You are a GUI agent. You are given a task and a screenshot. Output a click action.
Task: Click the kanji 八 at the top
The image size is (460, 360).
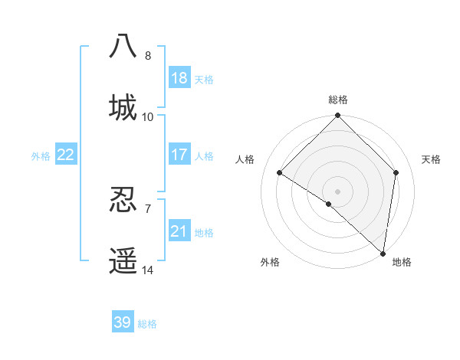(123, 45)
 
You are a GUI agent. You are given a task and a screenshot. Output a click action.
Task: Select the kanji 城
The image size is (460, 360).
(123, 106)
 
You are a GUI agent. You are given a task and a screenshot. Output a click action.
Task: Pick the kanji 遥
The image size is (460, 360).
(123, 260)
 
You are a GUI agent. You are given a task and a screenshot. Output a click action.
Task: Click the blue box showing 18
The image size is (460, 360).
(179, 78)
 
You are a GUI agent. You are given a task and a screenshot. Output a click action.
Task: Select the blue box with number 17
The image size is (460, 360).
(179, 155)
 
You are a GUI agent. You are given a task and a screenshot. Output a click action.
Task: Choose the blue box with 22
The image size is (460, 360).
(66, 155)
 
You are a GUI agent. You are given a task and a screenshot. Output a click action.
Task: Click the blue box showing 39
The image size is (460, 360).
(123, 322)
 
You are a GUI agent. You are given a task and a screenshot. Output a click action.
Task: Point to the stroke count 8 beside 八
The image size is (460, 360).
(148, 56)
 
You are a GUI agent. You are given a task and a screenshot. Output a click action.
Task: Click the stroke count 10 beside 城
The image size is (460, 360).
(148, 117)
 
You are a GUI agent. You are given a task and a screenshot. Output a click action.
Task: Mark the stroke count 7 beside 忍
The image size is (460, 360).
(148, 209)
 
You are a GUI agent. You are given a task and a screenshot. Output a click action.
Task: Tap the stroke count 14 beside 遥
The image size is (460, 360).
(148, 270)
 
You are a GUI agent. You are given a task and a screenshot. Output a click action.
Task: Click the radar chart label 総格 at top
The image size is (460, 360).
(338, 100)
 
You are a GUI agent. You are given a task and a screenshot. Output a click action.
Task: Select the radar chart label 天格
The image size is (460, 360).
(431, 159)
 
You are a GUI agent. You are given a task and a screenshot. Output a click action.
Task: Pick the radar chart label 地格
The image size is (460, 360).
(402, 262)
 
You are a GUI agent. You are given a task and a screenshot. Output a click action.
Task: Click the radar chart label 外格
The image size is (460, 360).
(270, 262)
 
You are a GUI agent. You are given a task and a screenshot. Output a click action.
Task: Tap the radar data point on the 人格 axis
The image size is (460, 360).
(280, 173)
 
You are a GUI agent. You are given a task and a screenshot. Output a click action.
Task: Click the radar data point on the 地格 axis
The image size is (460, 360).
(383, 254)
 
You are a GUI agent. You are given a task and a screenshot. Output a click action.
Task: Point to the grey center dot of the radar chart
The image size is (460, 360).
(338, 191)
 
